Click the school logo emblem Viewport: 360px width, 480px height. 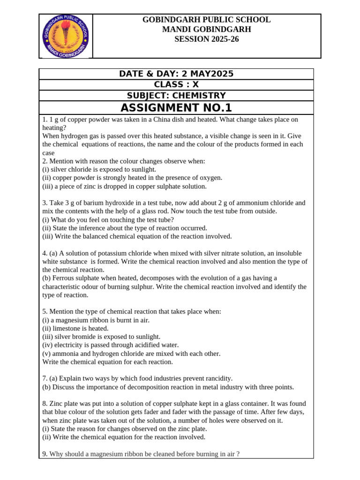66,36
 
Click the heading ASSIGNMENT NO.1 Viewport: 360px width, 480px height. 176,107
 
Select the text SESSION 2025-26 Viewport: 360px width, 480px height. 207,39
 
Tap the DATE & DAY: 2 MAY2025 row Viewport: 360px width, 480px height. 176,74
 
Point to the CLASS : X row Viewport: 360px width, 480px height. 176,84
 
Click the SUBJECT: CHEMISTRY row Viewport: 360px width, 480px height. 176,95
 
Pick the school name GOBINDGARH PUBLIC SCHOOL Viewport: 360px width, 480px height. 207,20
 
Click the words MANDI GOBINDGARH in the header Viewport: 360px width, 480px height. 207,30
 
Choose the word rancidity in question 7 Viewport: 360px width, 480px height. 217,378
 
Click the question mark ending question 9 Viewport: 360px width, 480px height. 238,454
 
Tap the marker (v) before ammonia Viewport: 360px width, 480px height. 47,353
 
